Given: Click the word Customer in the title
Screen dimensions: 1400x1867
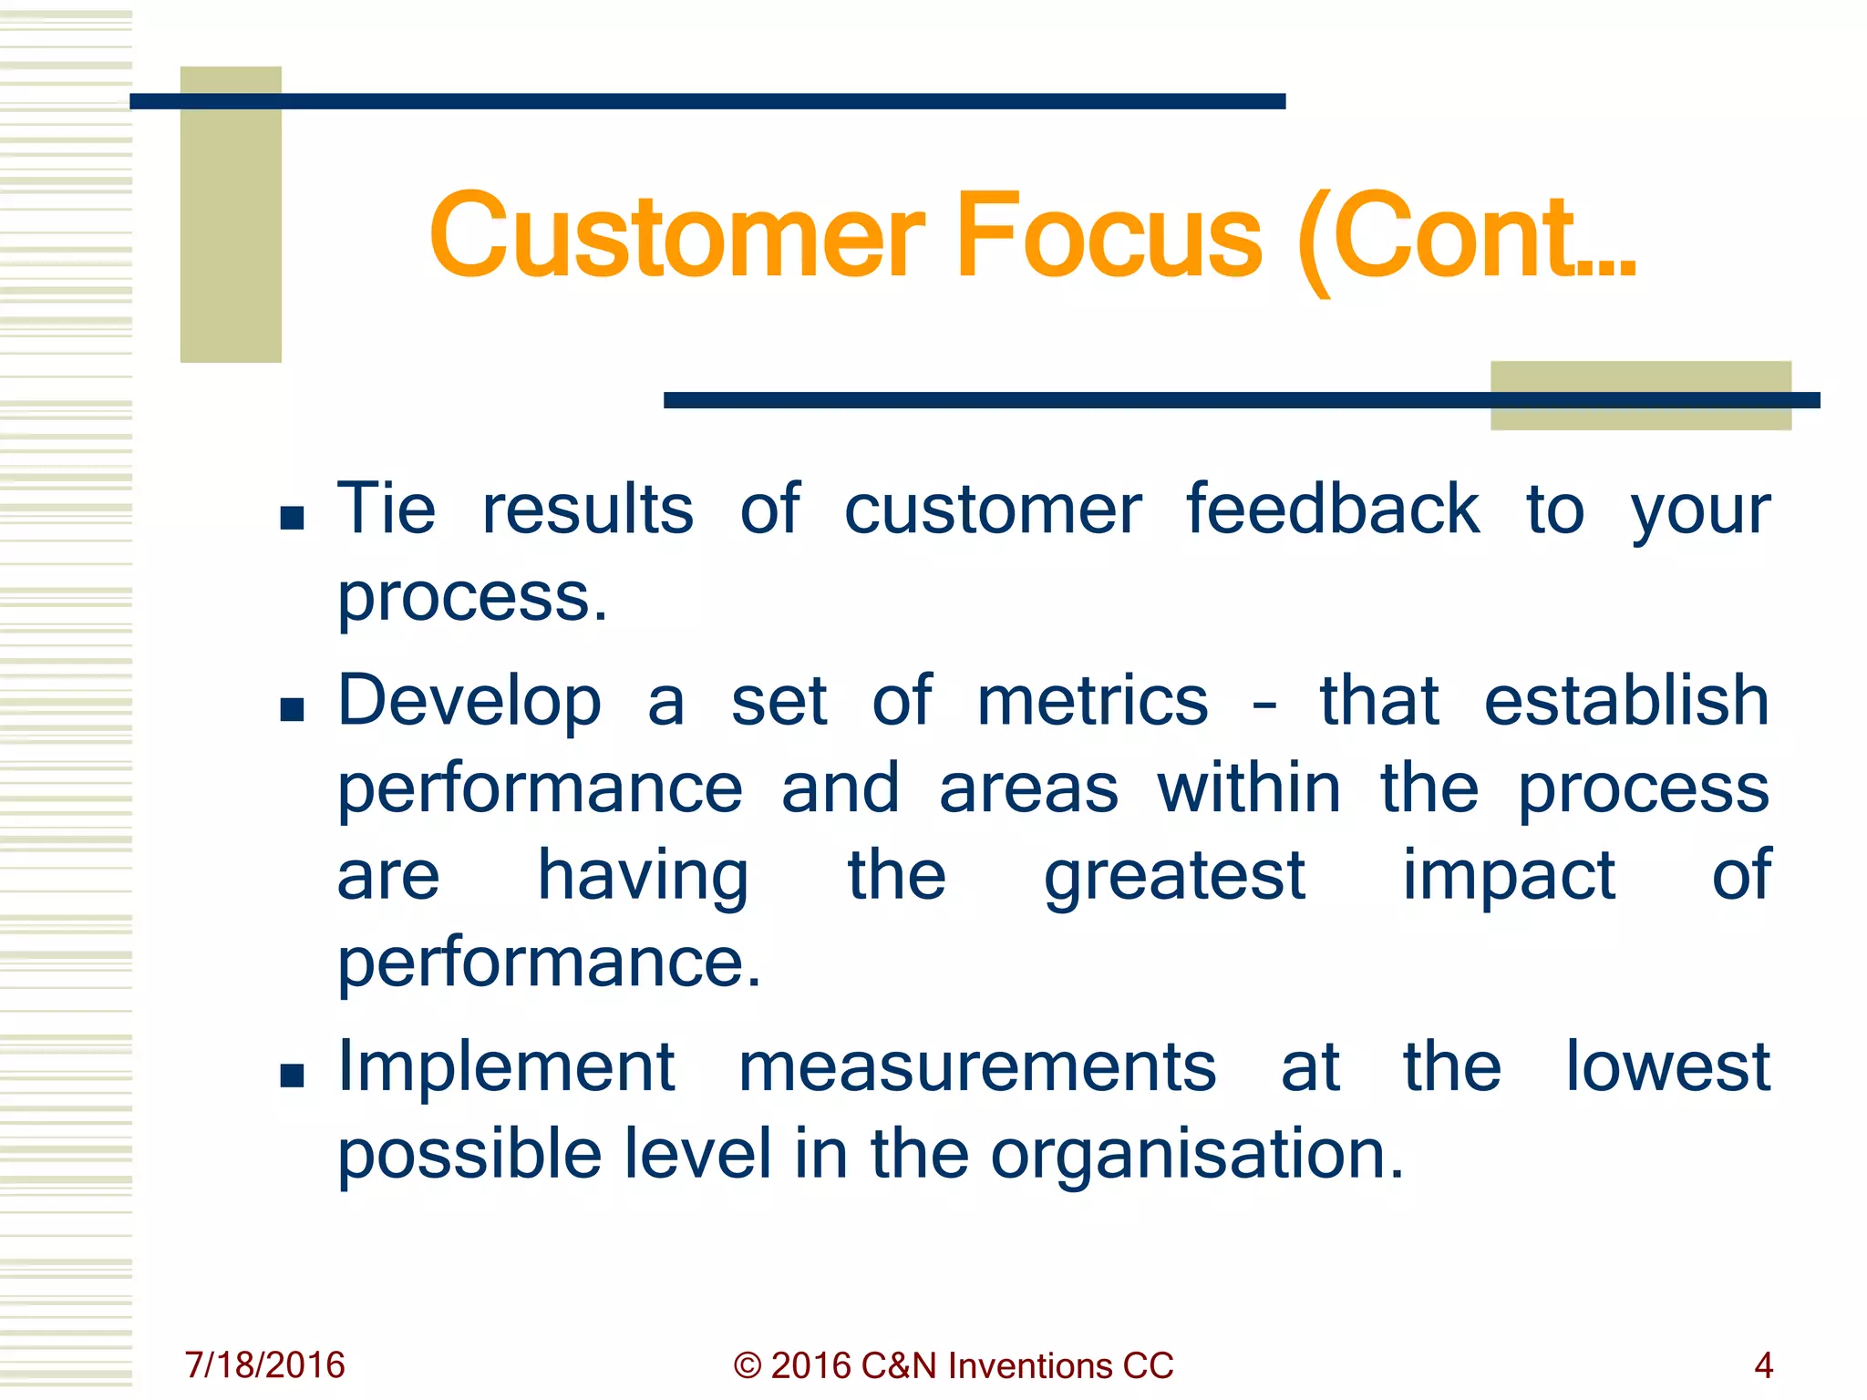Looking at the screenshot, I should [x=676, y=236].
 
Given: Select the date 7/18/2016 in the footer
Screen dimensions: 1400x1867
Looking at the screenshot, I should [x=264, y=1365].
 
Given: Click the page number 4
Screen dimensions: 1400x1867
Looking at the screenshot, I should [x=1763, y=1365].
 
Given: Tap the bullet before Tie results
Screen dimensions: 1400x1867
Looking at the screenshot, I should [x=292, y=519].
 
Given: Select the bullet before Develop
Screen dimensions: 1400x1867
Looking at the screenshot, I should [x=292, y=709].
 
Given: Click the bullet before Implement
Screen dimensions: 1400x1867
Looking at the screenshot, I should [x=292, y=1076].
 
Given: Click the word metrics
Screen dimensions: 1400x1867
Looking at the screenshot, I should [x=1092, y=701].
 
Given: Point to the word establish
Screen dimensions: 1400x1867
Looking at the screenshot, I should [x=1626, y=701].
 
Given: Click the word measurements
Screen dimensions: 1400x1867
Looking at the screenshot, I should [x=976, y=1067].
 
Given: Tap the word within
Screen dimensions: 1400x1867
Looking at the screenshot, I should [x=1249, y=788].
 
